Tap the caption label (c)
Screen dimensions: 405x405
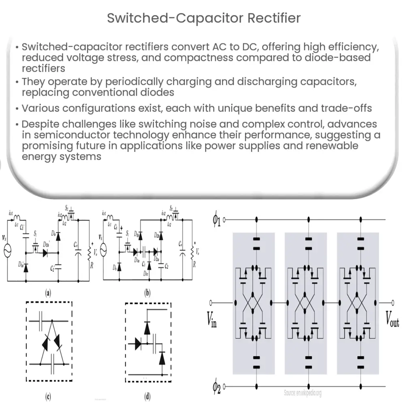[48, 396]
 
